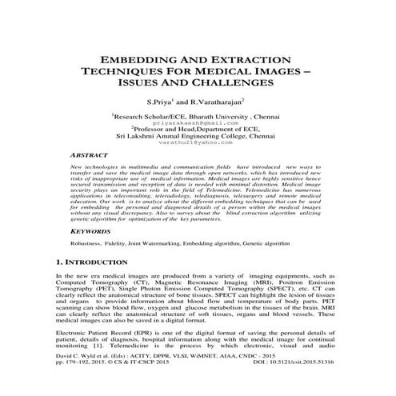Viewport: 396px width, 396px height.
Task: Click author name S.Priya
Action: pyautogui.click(x=159, y=102)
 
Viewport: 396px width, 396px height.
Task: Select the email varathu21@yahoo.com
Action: pyautogui.click(x=198, y=144)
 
